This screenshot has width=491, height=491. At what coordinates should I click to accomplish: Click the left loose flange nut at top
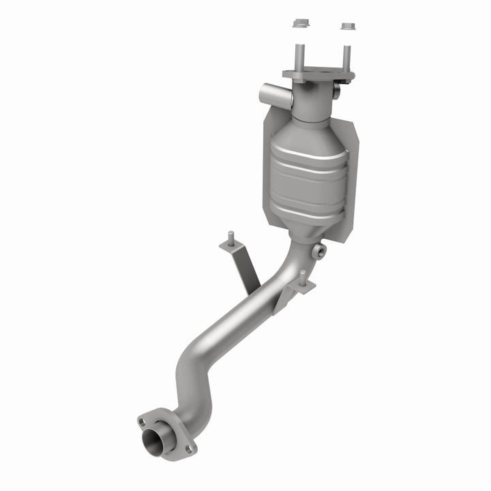pos(299,24)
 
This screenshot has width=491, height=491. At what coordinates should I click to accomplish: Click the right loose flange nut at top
pos(347,27)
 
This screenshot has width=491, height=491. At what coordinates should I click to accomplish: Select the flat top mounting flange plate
pos(318,74)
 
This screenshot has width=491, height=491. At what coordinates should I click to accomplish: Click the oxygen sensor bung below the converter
pos(317,252)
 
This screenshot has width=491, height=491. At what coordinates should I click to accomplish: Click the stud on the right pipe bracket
pos(301,276)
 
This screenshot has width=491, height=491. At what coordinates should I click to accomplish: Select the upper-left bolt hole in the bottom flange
pos(143,422)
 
